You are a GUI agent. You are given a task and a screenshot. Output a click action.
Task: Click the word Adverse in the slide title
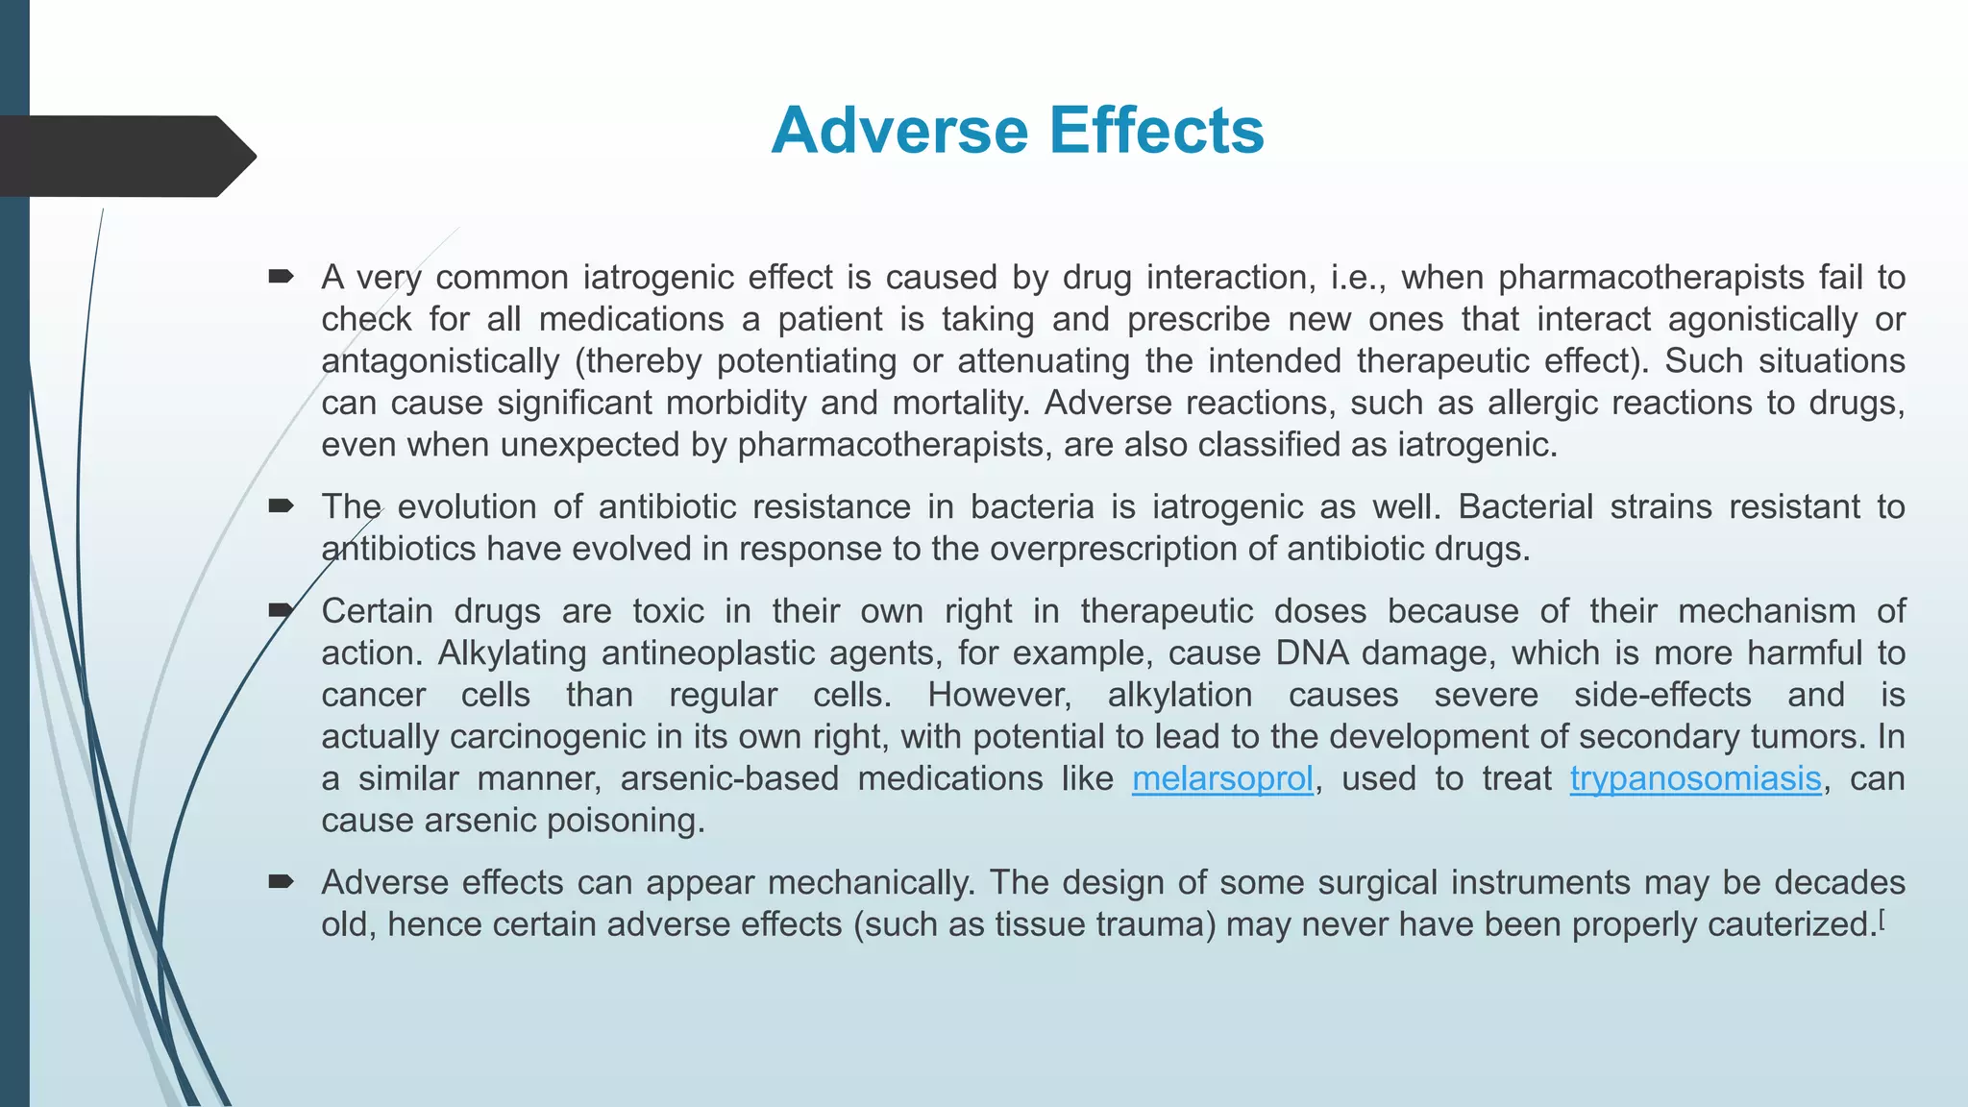tap(899, 131)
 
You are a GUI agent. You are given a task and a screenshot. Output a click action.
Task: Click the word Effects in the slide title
tap(1156, 131)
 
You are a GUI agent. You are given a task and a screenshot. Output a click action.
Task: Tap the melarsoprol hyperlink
tap(1222, 778)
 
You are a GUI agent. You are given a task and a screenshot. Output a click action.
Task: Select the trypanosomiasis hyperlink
tap(1695, 778)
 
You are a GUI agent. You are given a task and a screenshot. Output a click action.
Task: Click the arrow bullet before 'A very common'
tap(281, 278)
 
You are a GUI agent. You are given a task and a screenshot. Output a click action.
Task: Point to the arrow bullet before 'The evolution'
tap(281, 506)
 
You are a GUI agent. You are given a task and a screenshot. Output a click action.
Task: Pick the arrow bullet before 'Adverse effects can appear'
tap(281, 882)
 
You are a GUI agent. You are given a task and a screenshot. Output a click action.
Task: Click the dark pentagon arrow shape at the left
tap(125, 157)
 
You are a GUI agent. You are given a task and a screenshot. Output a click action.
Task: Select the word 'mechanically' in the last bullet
tap(871, 882)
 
